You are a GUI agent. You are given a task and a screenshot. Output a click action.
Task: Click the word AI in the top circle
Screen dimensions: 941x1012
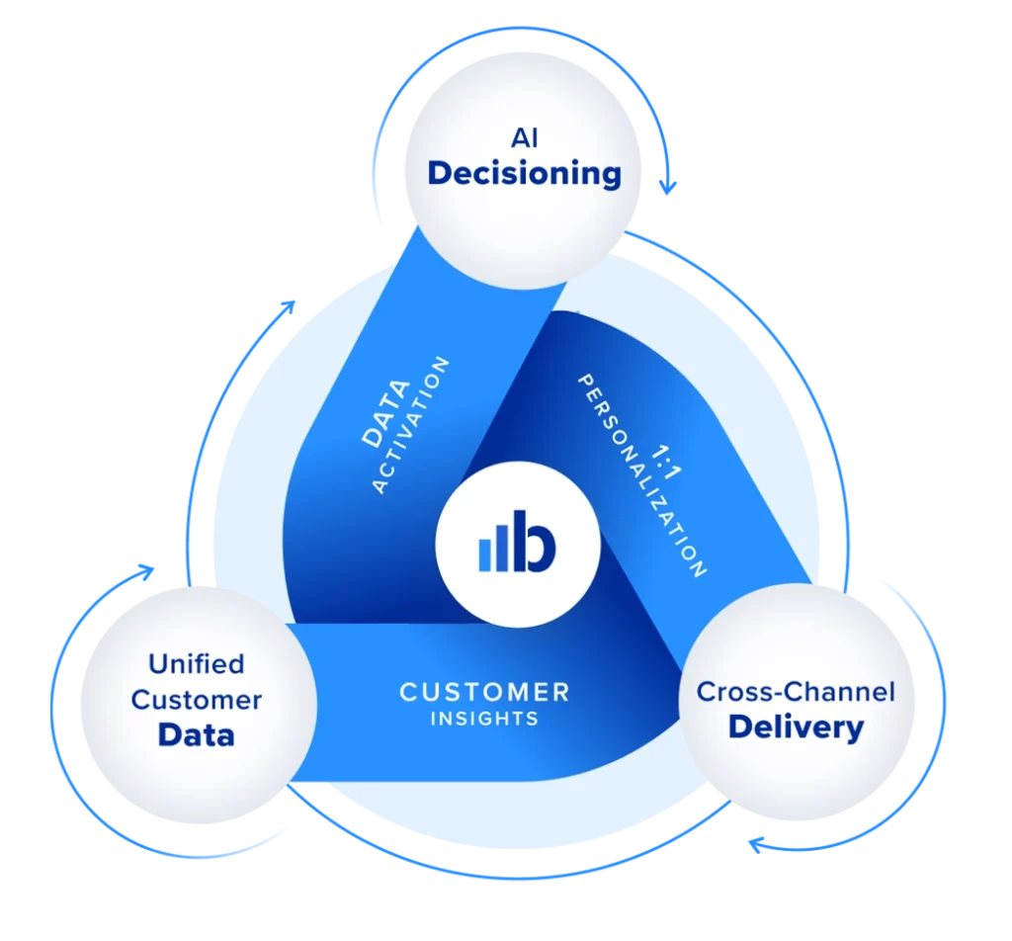pyautogui.click(x=524, y=138)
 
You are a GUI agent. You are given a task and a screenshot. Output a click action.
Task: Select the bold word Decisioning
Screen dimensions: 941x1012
pyautogui.click(x=524, y=174)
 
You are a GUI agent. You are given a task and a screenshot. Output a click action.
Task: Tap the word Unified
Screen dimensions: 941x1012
pyautogui.click(x=196, y=662)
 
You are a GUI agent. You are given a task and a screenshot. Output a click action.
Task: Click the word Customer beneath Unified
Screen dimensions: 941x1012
pyautogui.click(x=196, y=700)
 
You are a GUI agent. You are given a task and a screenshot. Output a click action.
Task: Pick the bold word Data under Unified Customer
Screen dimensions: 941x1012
pyautogui.click(x=196, y=735)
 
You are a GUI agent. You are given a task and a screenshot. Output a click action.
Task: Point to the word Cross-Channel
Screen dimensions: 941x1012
pyautogui.click(x=796, y=691)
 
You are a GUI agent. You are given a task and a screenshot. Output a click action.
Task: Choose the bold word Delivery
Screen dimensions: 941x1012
pyautogui.click(x=796, y=728)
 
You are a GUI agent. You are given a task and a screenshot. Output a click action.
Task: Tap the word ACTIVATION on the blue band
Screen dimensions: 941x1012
pyautogui.click(x=411, y=427)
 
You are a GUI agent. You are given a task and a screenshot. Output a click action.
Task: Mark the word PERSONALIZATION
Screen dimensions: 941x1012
pyautogui.click(x=641, y=474)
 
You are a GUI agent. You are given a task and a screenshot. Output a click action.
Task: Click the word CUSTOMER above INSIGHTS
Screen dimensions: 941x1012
pyautogui.click(x=484, y=692)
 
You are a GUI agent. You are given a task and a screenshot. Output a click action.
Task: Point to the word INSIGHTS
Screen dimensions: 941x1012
pyautogui.click(x=484, y=719)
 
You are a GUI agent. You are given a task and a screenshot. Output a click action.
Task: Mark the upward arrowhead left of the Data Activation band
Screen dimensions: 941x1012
pyautogui.click(x=289, y=301)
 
